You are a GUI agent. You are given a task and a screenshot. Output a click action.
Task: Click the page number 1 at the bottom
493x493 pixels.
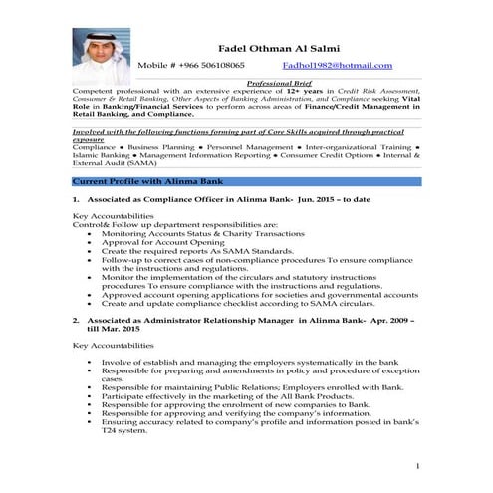point(418,467)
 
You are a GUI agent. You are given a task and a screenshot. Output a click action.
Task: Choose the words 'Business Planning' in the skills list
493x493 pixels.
point(157,148)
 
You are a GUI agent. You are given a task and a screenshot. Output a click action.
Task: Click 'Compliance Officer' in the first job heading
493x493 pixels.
point(170,201)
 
